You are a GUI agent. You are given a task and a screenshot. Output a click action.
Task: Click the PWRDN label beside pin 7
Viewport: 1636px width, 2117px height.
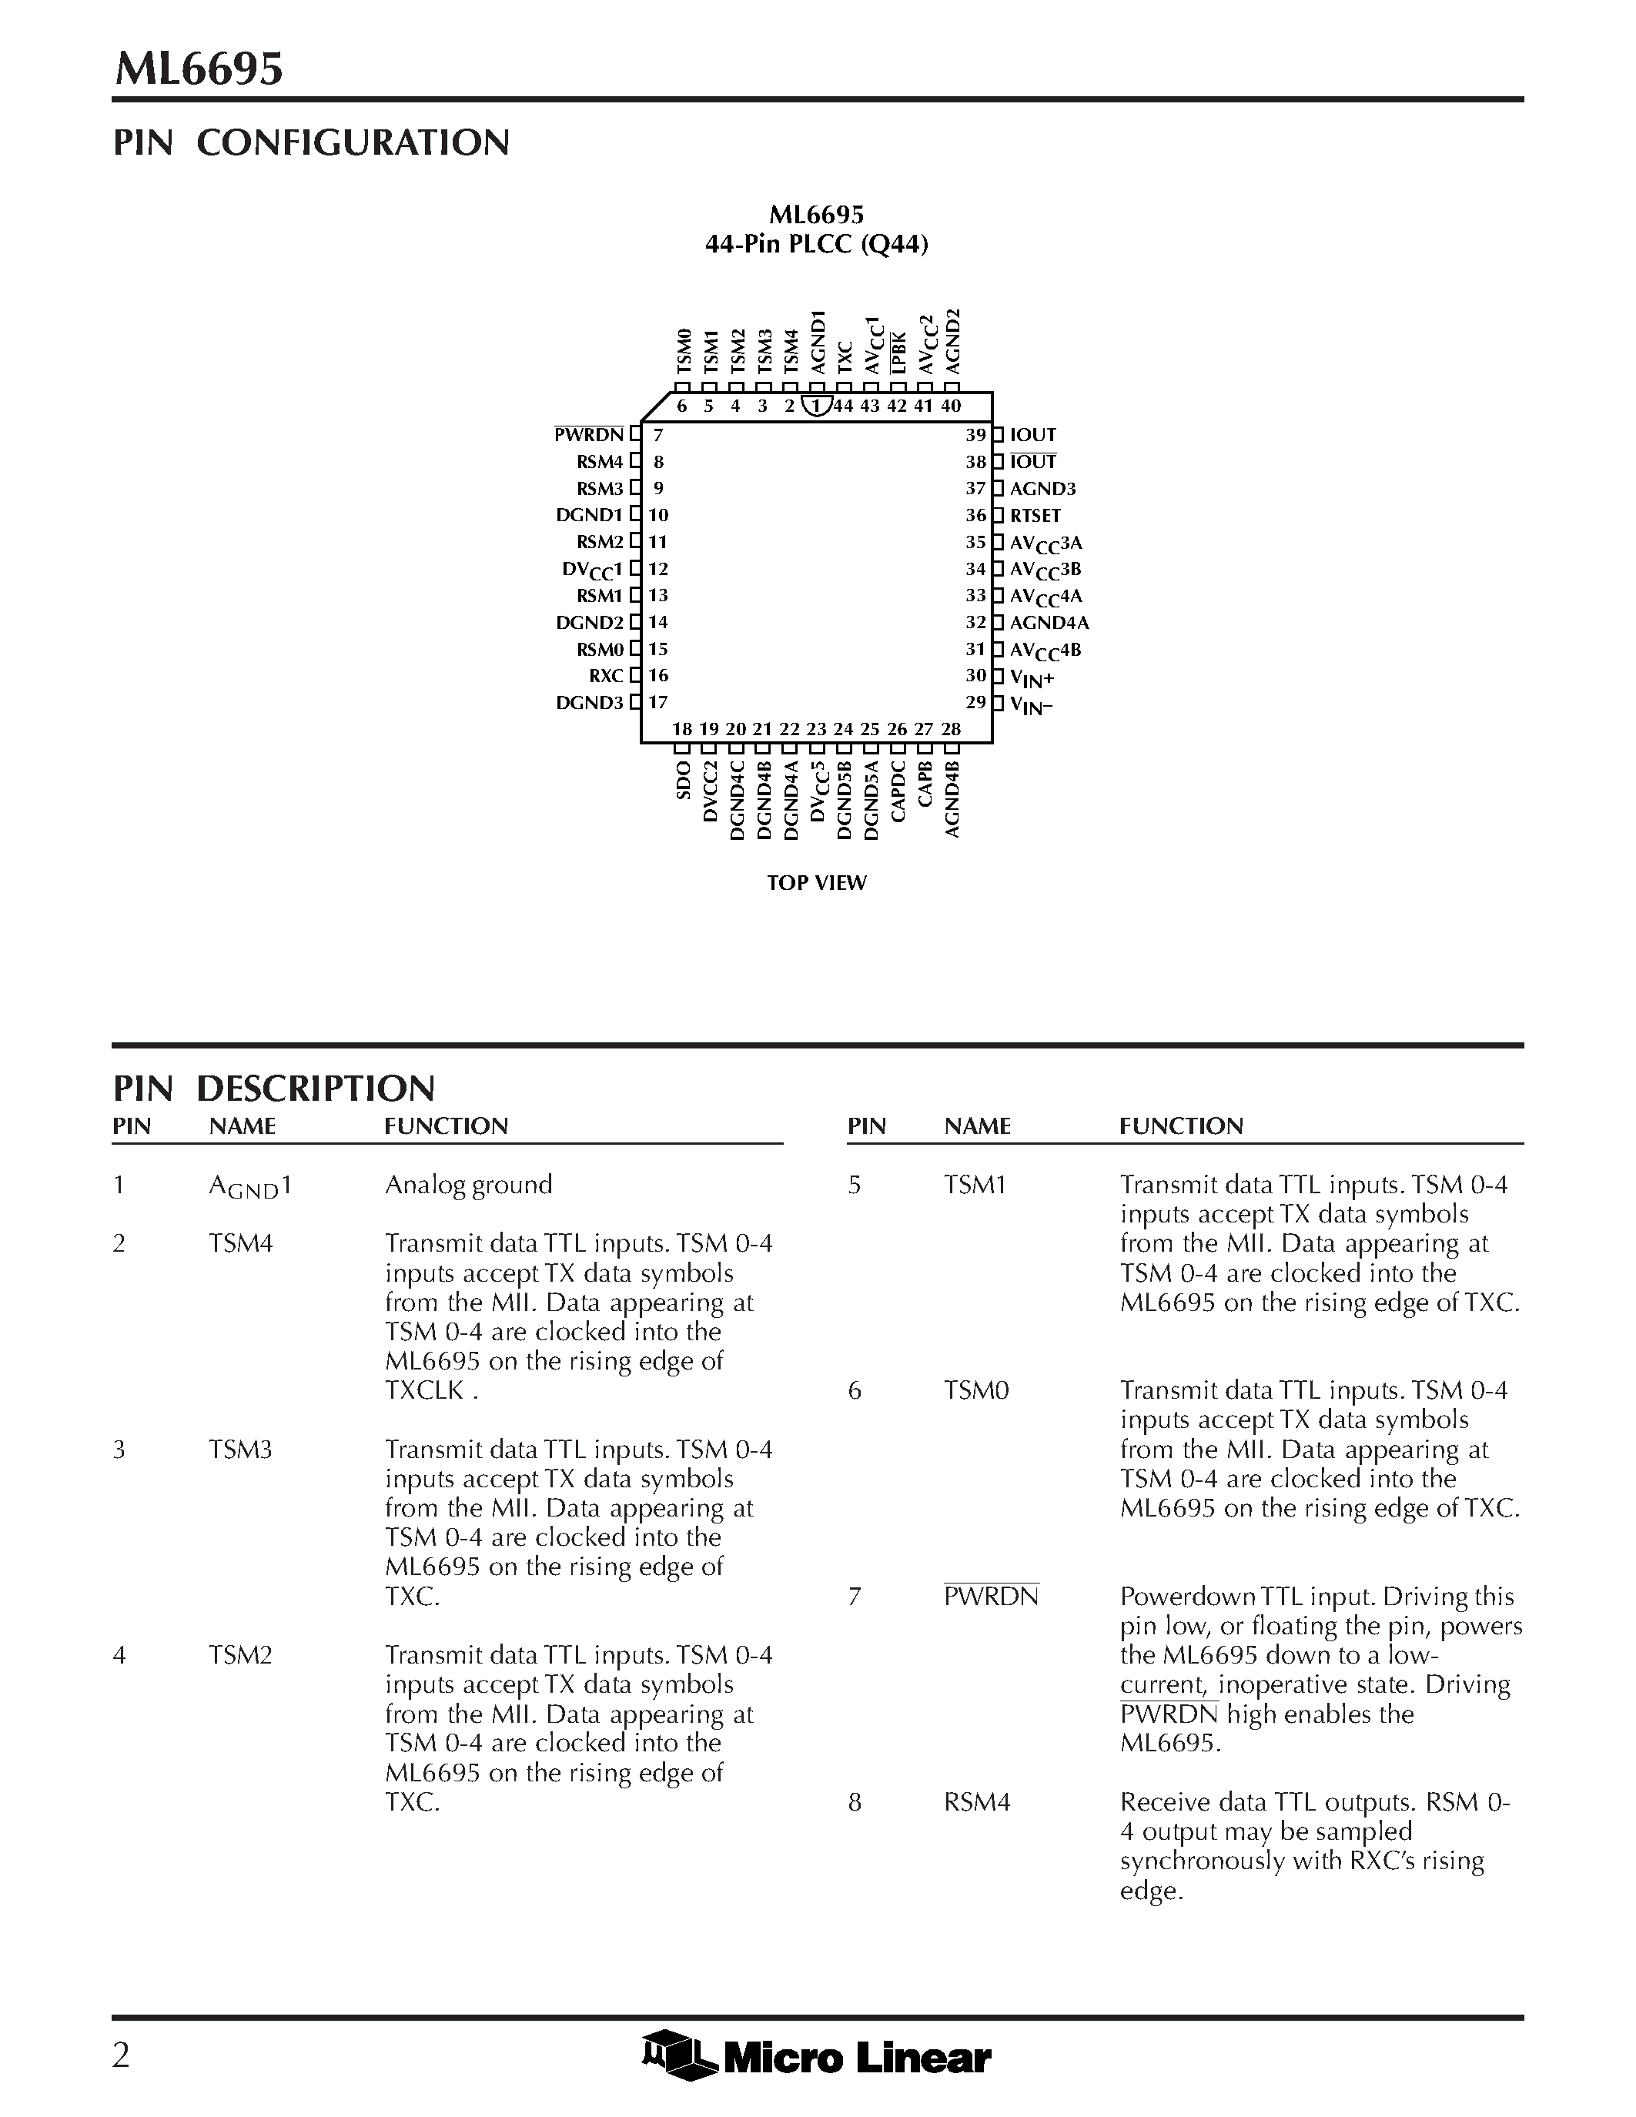click(588, 435)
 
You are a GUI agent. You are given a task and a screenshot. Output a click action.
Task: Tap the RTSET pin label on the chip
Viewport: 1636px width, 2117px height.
click(1035, 516)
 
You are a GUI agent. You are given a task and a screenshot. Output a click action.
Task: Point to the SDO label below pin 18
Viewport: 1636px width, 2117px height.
click(682, 781)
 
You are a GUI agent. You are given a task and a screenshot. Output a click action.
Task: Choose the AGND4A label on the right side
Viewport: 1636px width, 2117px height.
click(1049, 624)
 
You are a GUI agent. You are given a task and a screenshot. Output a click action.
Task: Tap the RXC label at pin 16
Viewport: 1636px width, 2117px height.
click(606, 676)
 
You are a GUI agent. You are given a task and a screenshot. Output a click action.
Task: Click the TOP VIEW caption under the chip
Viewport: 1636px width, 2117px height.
click(816, 883)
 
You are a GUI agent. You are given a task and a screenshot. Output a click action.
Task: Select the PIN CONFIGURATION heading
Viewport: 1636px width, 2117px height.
click(311, 142)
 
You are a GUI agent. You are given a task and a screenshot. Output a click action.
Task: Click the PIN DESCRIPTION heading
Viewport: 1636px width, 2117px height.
click(274, 1089)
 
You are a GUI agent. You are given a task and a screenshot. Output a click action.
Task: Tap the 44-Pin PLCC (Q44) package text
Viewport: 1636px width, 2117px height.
click(816, 244)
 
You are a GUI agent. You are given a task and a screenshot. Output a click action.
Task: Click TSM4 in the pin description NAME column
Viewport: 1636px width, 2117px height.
click(240, 1243)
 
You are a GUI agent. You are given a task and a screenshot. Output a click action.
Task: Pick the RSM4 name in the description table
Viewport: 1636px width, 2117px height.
click(977, 1802)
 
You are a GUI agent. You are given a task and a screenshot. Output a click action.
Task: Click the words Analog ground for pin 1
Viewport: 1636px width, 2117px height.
click(468, 1185)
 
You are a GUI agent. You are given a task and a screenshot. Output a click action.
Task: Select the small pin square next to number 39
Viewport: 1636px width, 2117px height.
click(999, 435)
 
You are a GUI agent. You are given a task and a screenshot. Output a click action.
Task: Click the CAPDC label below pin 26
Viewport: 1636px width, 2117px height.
click(898, 792)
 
